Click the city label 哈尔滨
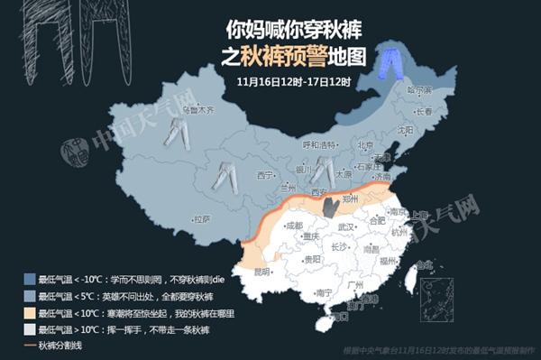[419, 90]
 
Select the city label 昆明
[261, 271]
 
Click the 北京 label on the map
[364, 144]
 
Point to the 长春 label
[429, 111]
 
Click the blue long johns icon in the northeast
[390, 61]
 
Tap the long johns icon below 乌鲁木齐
[176, 135]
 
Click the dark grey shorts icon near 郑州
[331, 206]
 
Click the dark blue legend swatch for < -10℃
[30, 279]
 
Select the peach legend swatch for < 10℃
[30, 313]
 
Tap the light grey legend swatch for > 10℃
[30, 330]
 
